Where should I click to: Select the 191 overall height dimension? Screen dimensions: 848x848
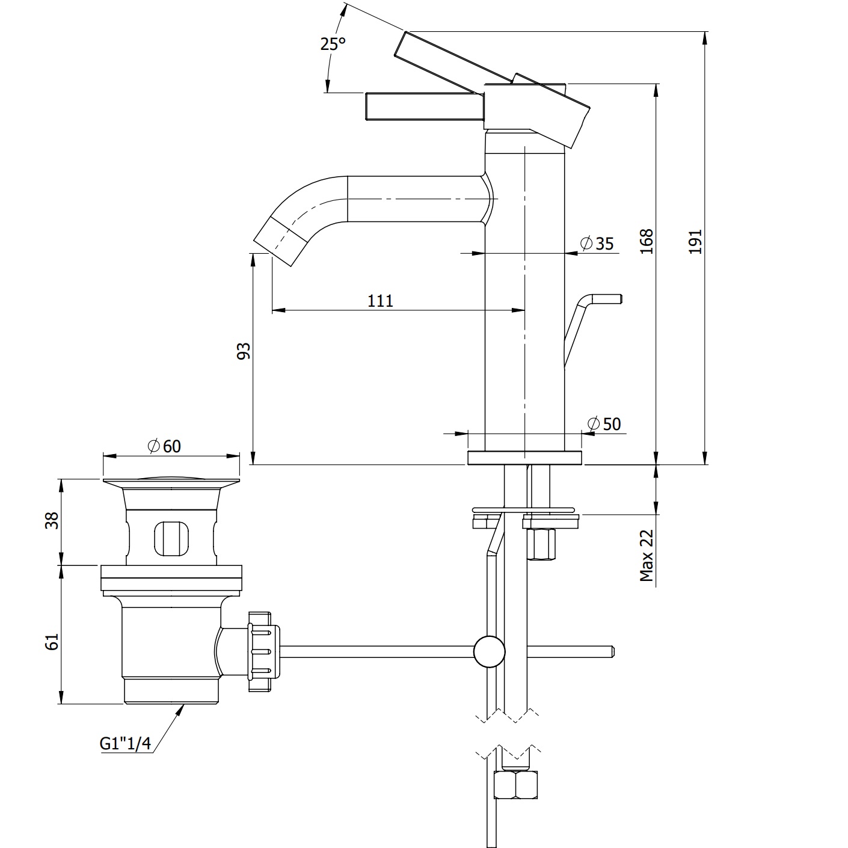coord(695,242)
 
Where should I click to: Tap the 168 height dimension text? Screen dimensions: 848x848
coord(647,241)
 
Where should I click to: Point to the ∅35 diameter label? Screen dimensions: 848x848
coord(597,243)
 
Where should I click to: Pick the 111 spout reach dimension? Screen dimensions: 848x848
coord(380,301)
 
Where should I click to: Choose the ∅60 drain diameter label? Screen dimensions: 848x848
coord(165,446)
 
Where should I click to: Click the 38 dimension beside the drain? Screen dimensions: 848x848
coord(52,521)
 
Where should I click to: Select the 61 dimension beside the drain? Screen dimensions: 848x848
coord(52,642)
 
